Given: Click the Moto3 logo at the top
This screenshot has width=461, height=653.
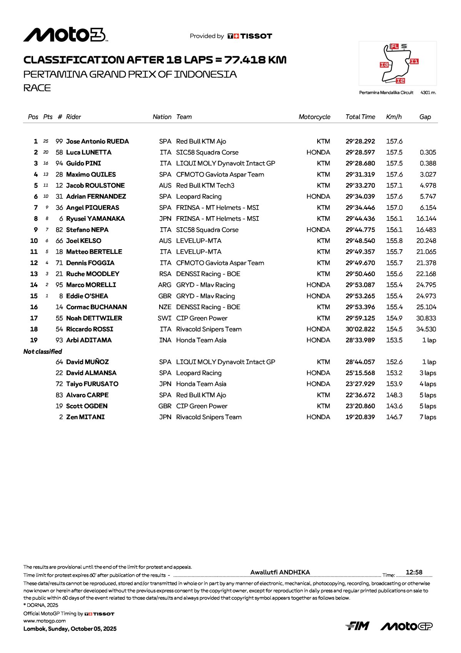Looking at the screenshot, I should (65, 35).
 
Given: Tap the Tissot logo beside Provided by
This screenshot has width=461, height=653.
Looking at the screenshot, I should (250, 36).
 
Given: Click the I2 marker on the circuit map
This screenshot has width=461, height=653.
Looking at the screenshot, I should (400, 80).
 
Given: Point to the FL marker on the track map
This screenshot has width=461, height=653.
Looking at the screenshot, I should (394, 47).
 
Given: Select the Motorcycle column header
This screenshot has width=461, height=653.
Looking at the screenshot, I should (314, 117).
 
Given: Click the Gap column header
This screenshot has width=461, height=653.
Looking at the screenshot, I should (425, 117).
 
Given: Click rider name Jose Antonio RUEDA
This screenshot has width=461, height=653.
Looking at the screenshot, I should (97, 142).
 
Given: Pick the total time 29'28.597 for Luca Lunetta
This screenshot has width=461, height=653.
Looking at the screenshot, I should (360, 153).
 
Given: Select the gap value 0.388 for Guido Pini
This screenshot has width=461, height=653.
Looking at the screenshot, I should (428, 163).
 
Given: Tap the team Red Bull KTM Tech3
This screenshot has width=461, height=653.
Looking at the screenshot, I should (205, 185).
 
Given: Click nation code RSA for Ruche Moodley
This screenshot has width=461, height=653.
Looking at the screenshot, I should (165, 274).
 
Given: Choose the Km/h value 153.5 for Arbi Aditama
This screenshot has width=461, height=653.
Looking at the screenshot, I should (394, 340).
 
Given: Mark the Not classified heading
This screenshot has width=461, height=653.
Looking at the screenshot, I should (43, 351).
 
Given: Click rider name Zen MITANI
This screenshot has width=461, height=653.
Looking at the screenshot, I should (85, 417).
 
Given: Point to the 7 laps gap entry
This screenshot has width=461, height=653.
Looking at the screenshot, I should (428, 417).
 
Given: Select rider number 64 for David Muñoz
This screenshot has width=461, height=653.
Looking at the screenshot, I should (59, 362).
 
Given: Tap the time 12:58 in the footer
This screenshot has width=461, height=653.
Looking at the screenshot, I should (414, 572).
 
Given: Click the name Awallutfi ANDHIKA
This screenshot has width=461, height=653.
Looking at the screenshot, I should (280, 572).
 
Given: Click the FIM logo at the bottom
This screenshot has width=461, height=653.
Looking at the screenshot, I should (357, 626).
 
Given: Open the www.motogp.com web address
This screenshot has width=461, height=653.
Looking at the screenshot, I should (45, 621).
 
